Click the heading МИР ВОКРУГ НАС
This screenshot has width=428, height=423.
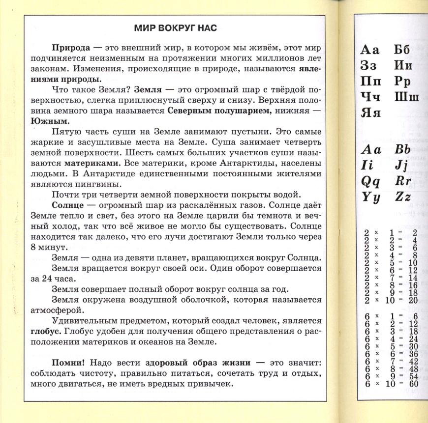coord(176,28)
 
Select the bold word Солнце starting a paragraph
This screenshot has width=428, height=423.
coord(69,206)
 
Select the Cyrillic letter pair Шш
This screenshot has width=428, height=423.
coord(406,96)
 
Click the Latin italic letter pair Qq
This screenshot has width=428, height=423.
coord(371,181)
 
